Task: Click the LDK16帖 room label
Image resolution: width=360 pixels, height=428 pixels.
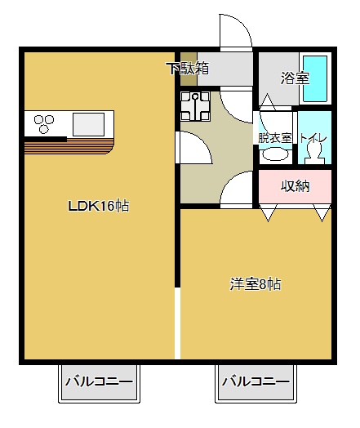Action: [99, 206]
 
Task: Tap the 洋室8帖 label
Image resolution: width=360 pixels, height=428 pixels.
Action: [255, 284]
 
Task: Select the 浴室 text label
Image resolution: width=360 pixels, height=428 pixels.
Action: [295, 78]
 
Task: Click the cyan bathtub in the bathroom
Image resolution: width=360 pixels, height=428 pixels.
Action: [315, 78]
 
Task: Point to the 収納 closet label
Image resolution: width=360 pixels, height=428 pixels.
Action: [296, 186]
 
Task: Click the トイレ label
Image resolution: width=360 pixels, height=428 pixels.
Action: [313, 138]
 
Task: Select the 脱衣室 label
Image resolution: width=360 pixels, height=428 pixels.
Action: [275, 138]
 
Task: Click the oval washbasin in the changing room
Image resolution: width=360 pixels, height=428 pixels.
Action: [275, 154]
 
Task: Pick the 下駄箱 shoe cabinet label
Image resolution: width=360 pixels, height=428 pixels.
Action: [189, 69]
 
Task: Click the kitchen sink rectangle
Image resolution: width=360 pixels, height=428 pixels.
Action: [88, 124]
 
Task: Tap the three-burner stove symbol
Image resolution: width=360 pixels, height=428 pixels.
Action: [43, 123]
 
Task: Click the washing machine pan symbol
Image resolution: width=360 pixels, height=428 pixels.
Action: [195, 106]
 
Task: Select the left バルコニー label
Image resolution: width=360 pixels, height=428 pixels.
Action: [99, 381]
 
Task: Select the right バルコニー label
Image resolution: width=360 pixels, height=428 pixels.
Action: [256, 381]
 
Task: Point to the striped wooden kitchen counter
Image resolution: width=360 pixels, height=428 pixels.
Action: [69, 146]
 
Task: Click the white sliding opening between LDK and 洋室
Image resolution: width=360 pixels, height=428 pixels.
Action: [177, 323]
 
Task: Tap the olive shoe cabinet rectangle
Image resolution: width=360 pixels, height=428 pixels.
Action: [189, 69]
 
